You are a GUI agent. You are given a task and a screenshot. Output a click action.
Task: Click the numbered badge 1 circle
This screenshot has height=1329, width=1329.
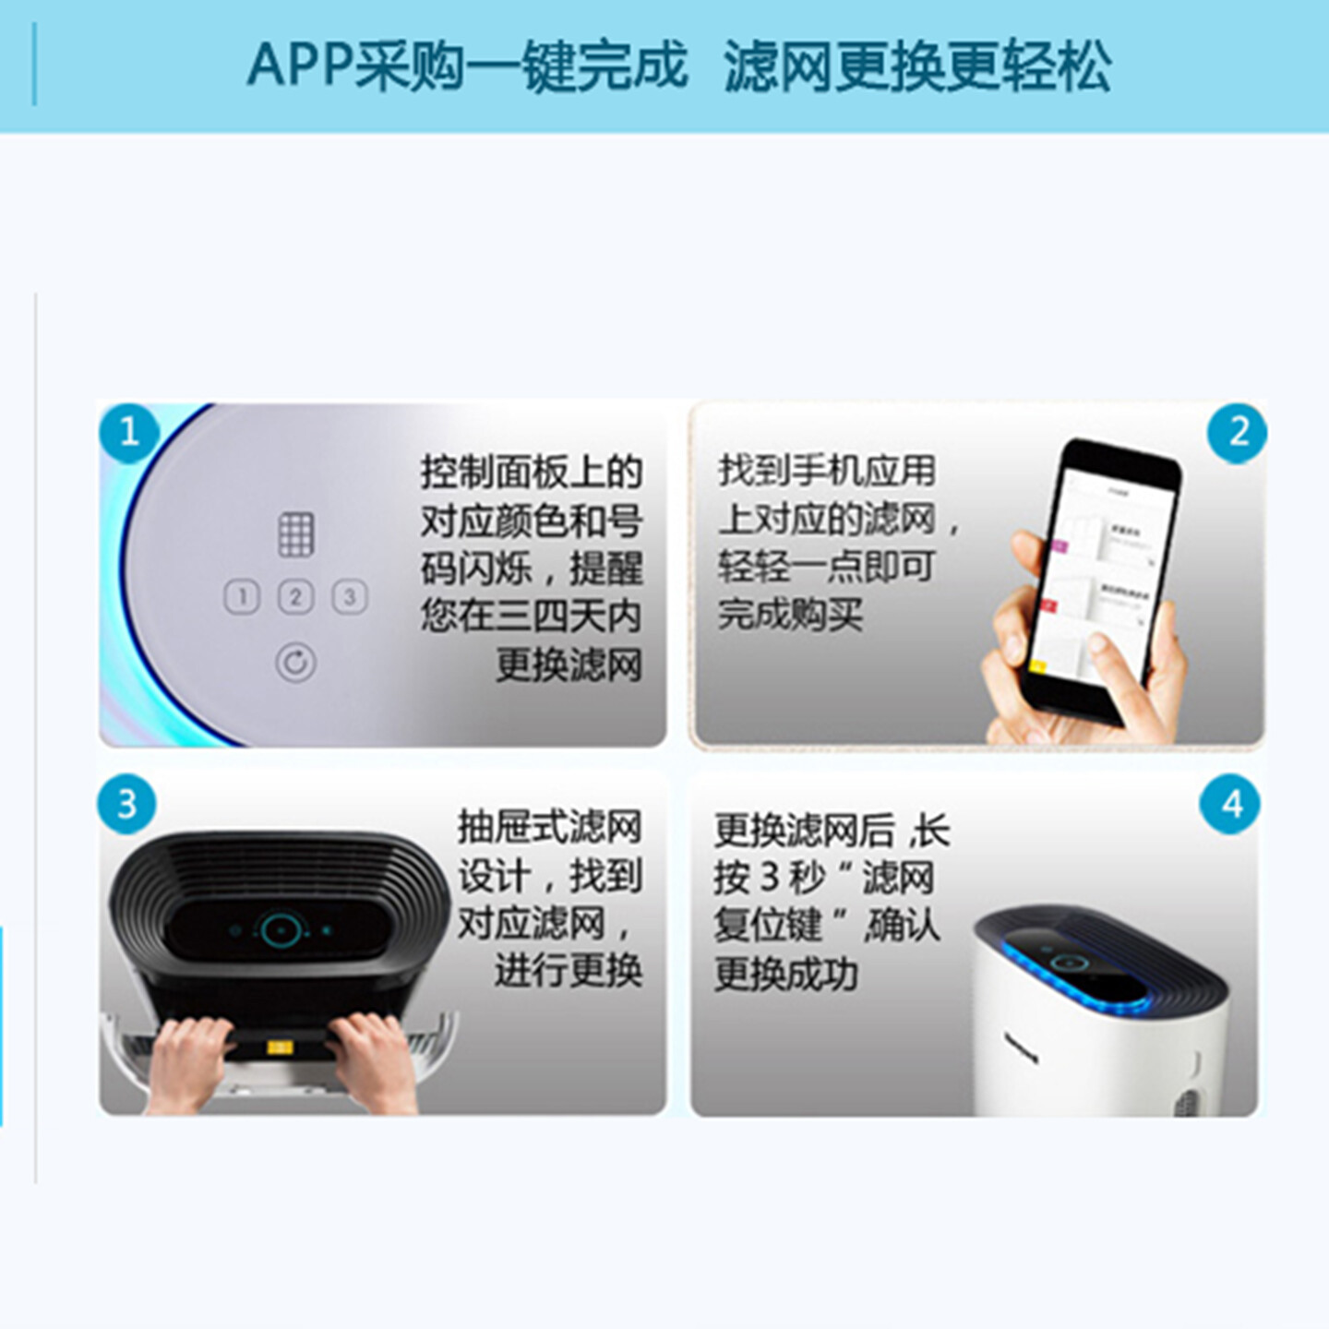129,432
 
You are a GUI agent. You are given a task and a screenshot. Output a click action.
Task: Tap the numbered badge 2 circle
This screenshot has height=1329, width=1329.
1237,432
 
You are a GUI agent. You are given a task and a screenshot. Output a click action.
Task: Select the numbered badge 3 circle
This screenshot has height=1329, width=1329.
127,804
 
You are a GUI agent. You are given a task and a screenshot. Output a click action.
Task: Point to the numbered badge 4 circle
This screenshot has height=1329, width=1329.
1230,804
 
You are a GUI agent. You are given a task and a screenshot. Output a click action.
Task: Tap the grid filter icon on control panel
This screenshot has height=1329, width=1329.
295,534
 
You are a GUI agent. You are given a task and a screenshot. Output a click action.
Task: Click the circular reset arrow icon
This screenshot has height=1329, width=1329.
295,662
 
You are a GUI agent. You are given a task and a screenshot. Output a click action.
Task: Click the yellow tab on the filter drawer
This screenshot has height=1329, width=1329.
280,1048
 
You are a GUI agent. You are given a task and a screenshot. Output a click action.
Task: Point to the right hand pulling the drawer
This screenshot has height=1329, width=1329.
374,1061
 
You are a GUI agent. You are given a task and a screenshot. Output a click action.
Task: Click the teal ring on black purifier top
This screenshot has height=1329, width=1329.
280,930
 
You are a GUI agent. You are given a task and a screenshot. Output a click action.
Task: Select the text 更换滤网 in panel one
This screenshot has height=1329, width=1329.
569,664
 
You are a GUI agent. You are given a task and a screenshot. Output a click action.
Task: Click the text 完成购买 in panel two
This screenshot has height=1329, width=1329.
791,614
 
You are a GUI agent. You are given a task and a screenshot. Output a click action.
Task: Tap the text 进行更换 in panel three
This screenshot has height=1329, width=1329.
568,970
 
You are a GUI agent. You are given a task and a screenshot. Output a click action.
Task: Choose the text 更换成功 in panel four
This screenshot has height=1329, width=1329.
785,974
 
